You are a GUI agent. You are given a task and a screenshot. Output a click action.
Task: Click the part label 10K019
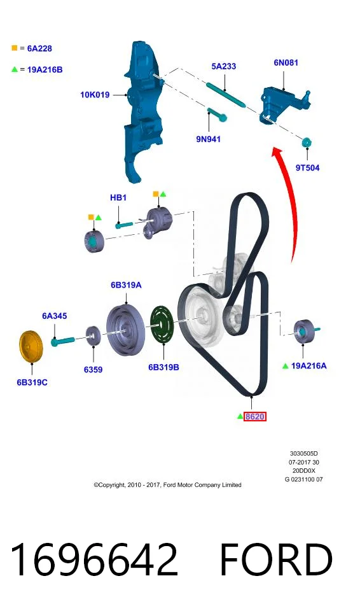pyautogui.click(x=95, y=95)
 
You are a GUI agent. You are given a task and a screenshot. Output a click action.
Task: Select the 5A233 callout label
pyautogui.click(x=224, y=66)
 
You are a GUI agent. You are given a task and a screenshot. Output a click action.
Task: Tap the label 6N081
pyautogui.click(x=286, y=62)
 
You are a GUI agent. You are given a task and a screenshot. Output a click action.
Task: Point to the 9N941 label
pyautogui.click(x=209, y=139)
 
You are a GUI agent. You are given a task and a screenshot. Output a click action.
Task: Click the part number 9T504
pyautogui.click(x=307, y=167)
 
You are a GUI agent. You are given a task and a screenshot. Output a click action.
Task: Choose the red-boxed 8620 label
pyautogui.click(x=255, y=416)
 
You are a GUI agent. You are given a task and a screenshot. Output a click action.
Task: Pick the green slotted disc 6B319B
pyautogui.click(x=162, y=325)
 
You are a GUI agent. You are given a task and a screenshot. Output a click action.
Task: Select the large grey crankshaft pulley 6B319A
pyautogui.click(x=125, y=330)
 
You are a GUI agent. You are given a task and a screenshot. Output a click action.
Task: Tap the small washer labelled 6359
pyautogui.click(x=93, y=335)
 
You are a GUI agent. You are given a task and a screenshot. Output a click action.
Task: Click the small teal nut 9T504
pyautogui.click(x=307, y=142)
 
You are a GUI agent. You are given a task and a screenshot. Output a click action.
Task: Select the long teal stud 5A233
pyautogui.click(x=226, y=94)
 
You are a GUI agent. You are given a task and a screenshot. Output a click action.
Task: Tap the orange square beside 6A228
pyautogui.click(x=15, y=48)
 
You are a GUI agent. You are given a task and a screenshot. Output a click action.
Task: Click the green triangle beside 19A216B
pyautogui.click(x=15, y=69)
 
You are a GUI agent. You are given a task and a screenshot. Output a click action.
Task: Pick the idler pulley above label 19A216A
pyautogui.click(x=305, y=332)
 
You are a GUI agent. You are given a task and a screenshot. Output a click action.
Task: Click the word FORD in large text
pyautogui.click(x=277, y=559)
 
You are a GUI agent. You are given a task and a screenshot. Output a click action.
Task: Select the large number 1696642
pyautogui.click(x=94, y=559)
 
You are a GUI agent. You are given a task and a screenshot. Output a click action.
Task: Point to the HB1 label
pyautogui.click(x=118, y=197)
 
